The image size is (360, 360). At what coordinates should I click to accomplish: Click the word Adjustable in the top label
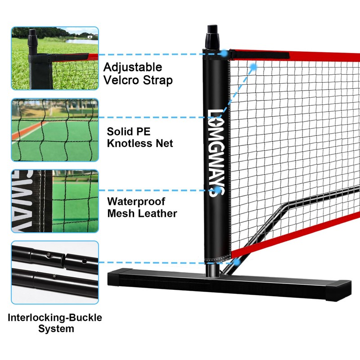(x=133, y=67)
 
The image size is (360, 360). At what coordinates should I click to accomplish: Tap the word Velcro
(x=120, y=81)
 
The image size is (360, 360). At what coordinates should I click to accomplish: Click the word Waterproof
(x=136, y=201)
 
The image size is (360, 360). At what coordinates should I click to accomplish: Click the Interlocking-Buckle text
(x=55, y=318)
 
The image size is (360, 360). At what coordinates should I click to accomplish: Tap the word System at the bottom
(x=55, y=329)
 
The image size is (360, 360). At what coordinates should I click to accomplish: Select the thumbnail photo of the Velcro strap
(x=54, y=58)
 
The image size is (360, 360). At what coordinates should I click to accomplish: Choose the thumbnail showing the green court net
(x=54, y=130)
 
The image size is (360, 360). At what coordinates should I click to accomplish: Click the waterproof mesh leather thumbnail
(x=54, y=201)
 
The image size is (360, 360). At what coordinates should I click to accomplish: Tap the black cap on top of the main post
(x=213, y=36)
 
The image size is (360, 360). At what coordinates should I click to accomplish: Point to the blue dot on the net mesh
(x=253, y=67)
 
